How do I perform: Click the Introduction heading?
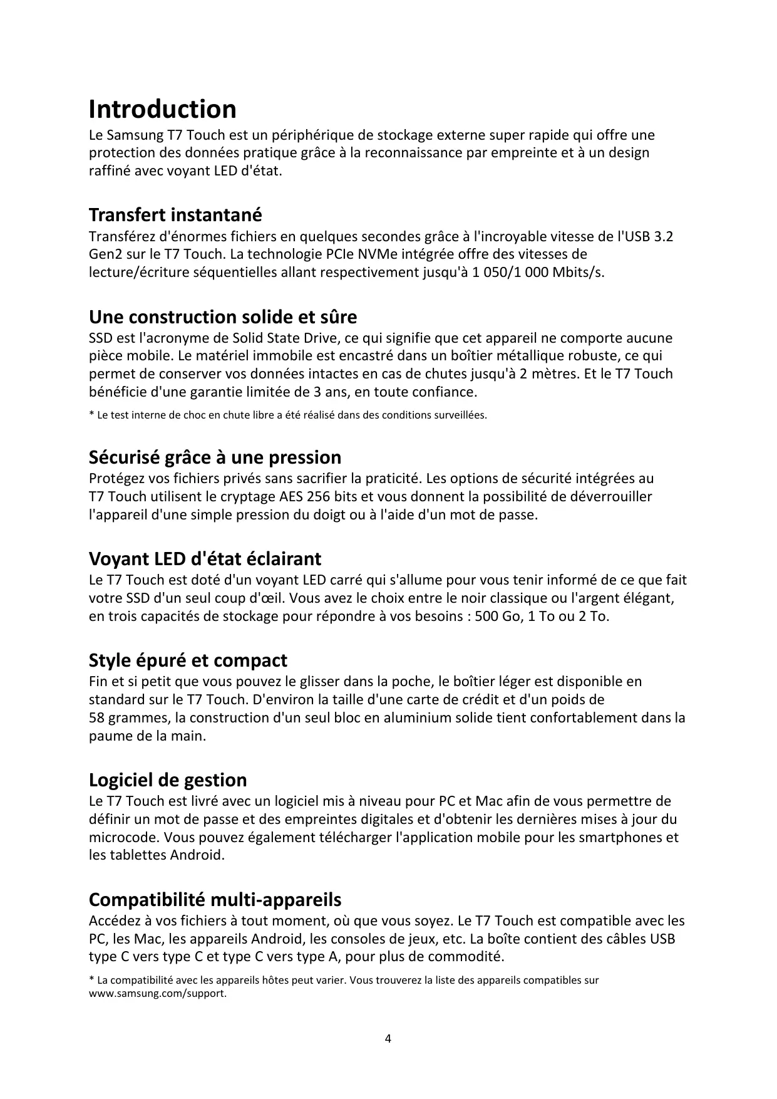point(162,109)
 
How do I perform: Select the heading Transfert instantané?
point(175,215)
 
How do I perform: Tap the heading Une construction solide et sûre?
point(223,317)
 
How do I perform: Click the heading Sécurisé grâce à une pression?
point(215,457)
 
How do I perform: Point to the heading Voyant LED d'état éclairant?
point(205,558)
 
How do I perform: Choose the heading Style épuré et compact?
point(188,660)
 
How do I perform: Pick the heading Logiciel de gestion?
point(168,780)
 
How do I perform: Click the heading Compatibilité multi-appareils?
point(215,900)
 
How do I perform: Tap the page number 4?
point(388,1039)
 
